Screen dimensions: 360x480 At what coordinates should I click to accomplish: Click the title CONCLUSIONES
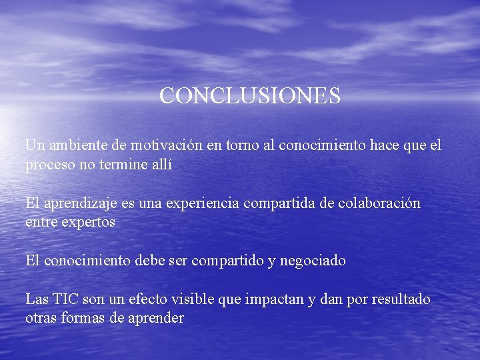[x=250, y=96]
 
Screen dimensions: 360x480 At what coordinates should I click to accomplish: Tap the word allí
[x=162, y=165]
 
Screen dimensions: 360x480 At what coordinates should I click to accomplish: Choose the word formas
[x=83, y=318]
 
